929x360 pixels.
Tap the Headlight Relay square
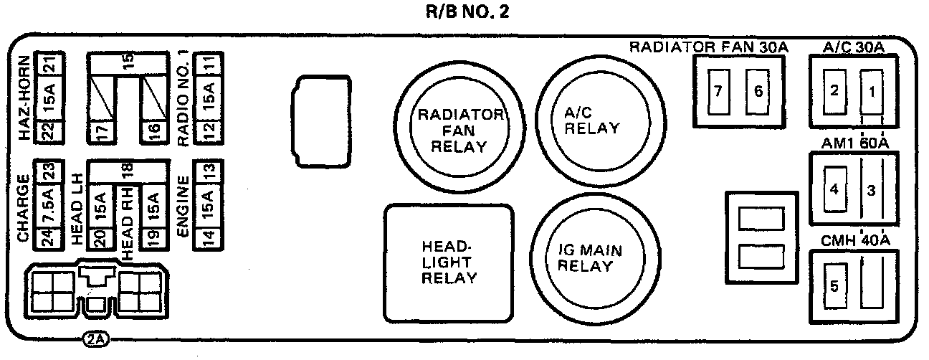pyautogui.click(x=449, y=262)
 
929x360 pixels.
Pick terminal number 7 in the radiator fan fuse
pyautogui.click(x=718, y=92)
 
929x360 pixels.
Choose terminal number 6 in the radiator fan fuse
pyautogui.click(x=757, y=92)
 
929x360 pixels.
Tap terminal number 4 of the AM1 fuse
pyautogui.click(x=834, y=190)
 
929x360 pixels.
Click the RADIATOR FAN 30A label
pyautogui.click(x=709, y=47)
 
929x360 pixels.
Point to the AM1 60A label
pyautogui.click(x=855, y=143)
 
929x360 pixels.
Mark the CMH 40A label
pyautogui.click(x=855, y=240)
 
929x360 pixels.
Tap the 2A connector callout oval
pyautogui.click(x=95, y=339)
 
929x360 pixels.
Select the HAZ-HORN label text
pyautogui.click(x=25, y=98)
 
